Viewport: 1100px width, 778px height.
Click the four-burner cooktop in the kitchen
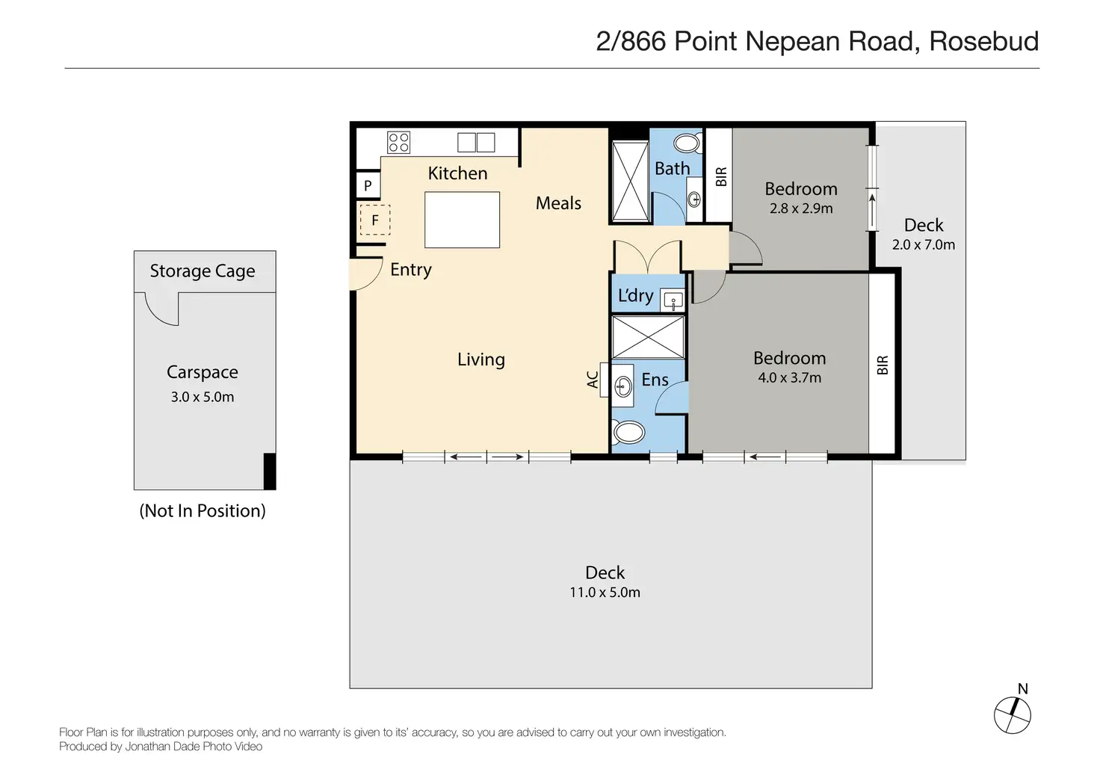398,142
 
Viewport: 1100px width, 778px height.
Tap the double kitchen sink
476,142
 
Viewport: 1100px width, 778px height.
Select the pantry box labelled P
368,185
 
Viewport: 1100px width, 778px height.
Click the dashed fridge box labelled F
374,220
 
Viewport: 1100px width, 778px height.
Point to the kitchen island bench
462,220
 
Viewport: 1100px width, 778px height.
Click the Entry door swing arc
365,274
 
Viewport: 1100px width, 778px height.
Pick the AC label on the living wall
593,380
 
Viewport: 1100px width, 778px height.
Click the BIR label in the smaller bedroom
720,177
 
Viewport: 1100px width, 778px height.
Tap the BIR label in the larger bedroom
883,365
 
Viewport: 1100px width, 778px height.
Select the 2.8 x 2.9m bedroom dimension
801,209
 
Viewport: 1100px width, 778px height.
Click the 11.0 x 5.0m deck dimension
605,593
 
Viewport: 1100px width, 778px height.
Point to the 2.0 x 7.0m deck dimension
924,245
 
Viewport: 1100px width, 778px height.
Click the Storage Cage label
203,271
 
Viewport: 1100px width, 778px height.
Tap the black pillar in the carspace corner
269,471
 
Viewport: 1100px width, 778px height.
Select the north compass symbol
1013,714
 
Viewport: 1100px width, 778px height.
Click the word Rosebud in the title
983,42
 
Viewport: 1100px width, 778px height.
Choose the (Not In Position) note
203,511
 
